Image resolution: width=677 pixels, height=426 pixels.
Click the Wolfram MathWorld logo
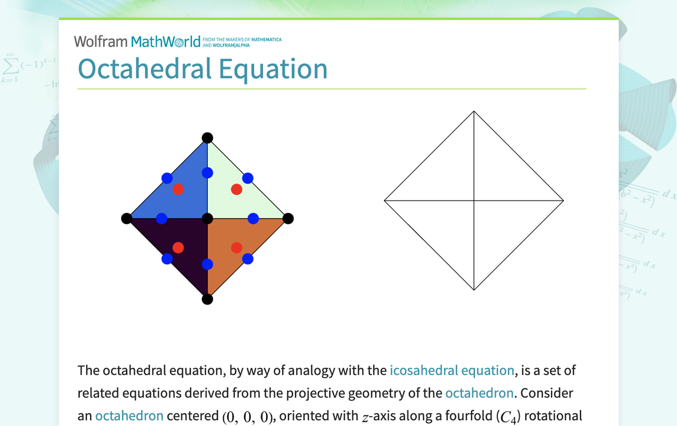click(137, 41)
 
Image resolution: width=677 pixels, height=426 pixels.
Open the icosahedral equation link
click(452, 371)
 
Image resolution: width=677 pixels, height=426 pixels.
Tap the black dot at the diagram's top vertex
click(207, 138)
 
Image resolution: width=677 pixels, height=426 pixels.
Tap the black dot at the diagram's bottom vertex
click(207, 299)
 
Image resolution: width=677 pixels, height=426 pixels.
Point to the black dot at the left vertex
click(127, 219)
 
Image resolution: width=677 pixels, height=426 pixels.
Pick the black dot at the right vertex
click(288, 219)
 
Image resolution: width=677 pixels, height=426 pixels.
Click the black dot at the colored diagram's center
click(207, 219)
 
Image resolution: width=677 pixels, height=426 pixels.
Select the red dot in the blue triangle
click(178, 189)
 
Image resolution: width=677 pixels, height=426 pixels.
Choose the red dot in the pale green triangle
click(237, 189)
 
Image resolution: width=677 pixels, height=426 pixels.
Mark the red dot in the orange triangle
click(237, 248)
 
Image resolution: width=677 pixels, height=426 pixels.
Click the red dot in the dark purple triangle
click(178, 248)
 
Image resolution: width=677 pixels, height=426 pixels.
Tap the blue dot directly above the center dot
click(207, 173)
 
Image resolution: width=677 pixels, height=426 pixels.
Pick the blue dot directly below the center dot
click(207, 265)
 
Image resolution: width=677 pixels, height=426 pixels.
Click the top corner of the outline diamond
click(474, 111)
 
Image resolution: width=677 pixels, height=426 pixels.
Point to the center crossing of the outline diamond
click(474, 201)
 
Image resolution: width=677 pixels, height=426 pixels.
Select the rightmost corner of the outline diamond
click(563, 201)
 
